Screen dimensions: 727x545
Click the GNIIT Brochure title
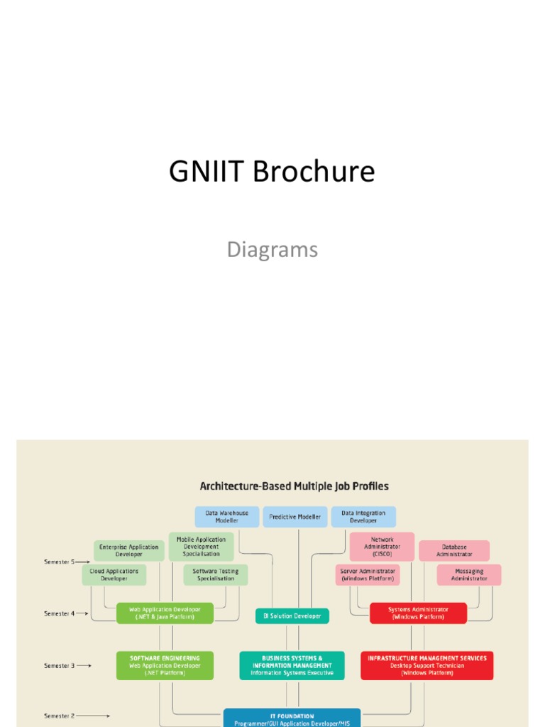click(272, 172)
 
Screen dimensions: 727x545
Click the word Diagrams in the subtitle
click(272, 250)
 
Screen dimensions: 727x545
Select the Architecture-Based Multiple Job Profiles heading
click(294, 486)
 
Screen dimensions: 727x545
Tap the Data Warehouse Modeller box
click(226, 517)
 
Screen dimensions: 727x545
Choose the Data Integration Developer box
click(363, 517)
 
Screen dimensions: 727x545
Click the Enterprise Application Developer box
click(129, 550)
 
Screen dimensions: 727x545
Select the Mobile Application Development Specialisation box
click(201, 547)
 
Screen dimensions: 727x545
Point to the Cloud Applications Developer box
click(114, 574)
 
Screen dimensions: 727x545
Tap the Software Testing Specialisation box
click(216, 574)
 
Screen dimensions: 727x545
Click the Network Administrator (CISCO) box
click(382, 547)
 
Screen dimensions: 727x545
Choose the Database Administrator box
click(453, 550)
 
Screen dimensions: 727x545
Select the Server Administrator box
click(368, 574)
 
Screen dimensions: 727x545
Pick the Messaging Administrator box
click(468, 574)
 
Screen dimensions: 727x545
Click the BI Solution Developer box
click(292, 616)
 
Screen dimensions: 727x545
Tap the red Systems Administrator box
click(418, 613)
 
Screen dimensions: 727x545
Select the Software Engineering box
click(165, 665)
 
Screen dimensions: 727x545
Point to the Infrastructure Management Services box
click(426, 665)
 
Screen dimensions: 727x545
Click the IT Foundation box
click(292, 718)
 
